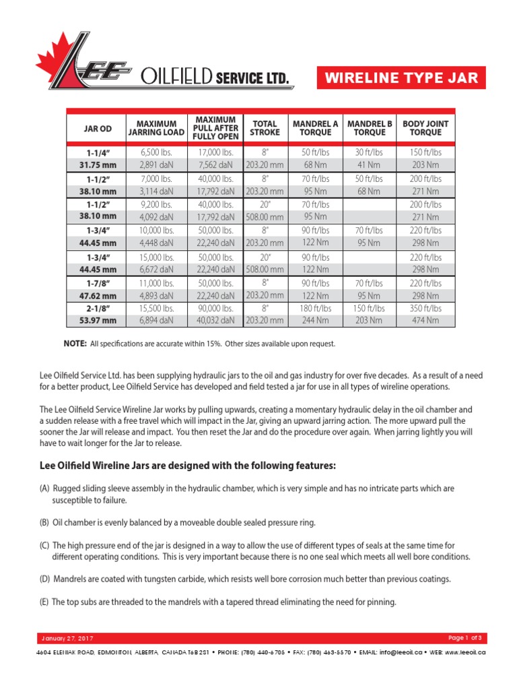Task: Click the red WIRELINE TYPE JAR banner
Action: (x=401, y=77)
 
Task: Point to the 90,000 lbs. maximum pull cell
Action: (x=215, y=307)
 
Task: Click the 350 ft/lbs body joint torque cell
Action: (x=425, y=307)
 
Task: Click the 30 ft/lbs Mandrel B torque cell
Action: (x=370, y=152)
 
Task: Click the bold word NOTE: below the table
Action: (x=74, y=344)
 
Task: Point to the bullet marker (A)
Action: (x=44, y=488)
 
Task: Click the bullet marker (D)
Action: (x=44, y=579)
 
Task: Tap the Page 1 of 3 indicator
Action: (x=464, y=637)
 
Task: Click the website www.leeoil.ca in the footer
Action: (x=464, y=652)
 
